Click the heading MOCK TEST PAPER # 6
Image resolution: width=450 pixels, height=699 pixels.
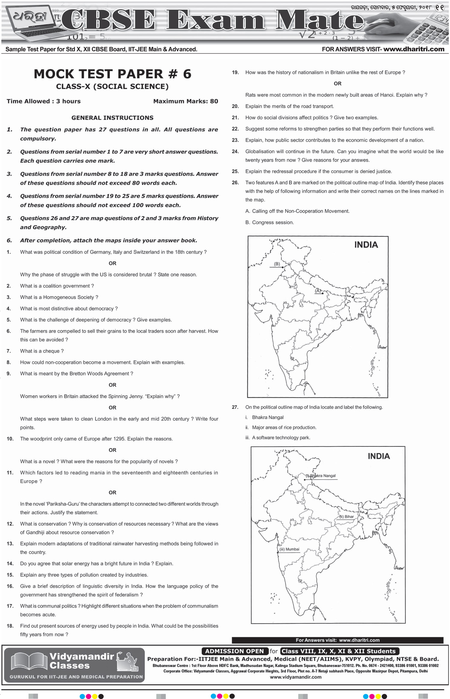pos(112,74)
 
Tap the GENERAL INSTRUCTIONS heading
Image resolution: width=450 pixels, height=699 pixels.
pos(112,118)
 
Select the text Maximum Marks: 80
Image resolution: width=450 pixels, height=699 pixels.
pos(185,101)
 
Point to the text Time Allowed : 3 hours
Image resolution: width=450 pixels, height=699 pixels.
pos(43,101)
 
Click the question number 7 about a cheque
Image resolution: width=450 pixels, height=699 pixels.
pos(9,351)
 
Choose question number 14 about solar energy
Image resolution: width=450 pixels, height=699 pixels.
pos(10,563)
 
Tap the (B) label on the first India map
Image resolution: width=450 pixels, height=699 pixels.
pos(277,264)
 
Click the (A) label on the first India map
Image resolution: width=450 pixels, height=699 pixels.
pos(318,291)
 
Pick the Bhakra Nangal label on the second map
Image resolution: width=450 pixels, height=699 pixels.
pos(322,476)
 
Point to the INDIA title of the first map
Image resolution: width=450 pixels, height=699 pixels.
pos(366,245)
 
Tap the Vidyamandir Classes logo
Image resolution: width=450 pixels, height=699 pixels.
pos(74,665)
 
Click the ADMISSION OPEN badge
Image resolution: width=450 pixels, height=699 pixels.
pos(234,651)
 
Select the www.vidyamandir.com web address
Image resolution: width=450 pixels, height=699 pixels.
pos(295,677)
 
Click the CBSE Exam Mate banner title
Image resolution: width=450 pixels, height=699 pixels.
pos(213,20)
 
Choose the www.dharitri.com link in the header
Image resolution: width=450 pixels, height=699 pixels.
pos(414,49)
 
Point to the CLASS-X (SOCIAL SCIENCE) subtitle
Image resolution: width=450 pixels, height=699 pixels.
pos(112,87)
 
